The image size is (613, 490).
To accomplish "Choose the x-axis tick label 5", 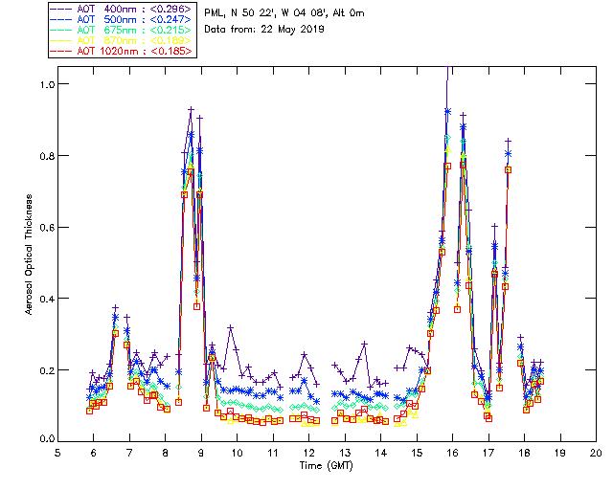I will [57, 453].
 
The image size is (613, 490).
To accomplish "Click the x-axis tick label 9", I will [201, 453].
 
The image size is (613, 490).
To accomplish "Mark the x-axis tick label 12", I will [308, 453].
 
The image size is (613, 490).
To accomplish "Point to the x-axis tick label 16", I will [452, 453].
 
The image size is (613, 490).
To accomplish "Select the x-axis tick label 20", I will [596, 453].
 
